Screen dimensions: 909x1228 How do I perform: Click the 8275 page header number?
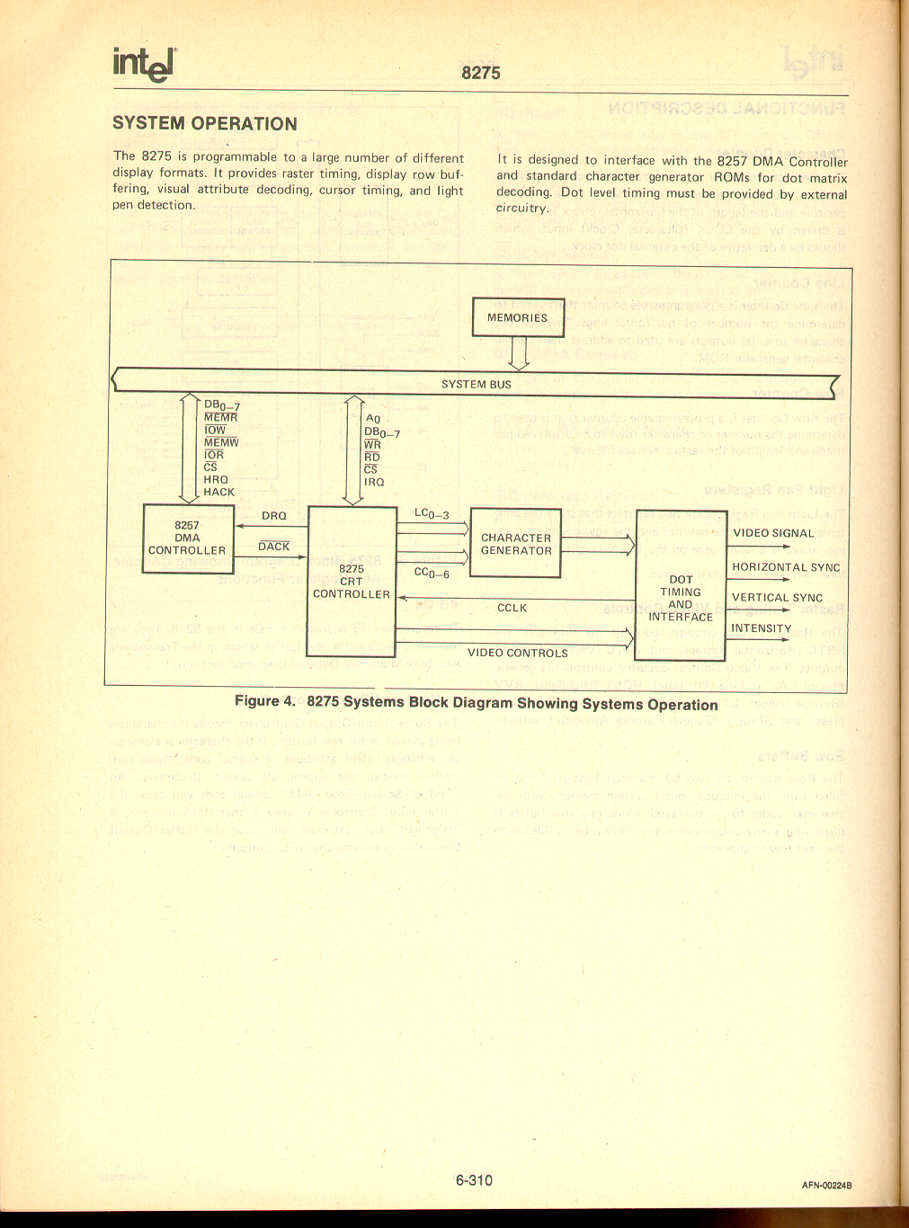click(481, 73)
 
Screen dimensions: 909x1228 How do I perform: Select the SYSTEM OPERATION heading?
click(205, 123)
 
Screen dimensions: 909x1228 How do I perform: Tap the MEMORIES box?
click(518, 317)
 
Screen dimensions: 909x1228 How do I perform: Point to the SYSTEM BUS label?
click(477, 384)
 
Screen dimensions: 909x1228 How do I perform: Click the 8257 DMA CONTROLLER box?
click(188, 538)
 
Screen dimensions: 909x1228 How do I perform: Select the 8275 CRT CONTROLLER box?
click(352, 580)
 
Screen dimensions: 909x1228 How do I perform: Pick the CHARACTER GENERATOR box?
click(516, 544)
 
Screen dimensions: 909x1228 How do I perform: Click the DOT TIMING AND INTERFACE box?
click(681, 584)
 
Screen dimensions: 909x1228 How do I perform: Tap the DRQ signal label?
click(274, 516)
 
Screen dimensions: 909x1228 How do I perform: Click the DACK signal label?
click(274, 547)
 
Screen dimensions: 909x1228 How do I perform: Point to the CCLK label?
click(512, 608)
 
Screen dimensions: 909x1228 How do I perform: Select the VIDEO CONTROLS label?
click(518, 654)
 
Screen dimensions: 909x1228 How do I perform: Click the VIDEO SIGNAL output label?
click(773, 533)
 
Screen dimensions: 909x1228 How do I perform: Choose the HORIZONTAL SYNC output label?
click(786, 567)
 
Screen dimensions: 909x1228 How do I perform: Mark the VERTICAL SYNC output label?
click(777, 598)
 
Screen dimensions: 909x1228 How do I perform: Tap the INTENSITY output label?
click(762, 628)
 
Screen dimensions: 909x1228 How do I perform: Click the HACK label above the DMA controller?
click(218, 492)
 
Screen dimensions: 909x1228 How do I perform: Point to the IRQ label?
click(374, 482)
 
